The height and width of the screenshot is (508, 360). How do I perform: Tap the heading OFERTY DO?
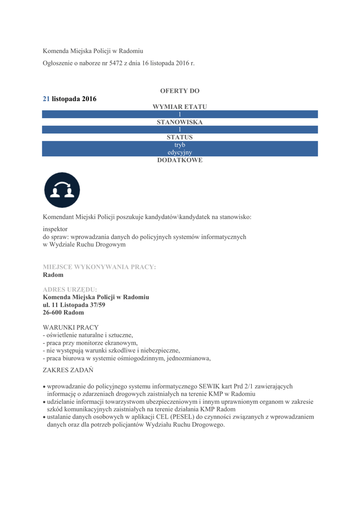tap(180, 91)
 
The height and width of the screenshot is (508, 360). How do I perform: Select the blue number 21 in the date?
tap(46, 99)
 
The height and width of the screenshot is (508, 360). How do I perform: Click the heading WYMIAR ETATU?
tap(180, 107)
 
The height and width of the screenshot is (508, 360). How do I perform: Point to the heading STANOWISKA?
tap(180, 122)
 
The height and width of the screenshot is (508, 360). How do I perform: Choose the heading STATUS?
tap(180, 137)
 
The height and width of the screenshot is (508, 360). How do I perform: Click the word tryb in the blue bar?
tap(180, 144)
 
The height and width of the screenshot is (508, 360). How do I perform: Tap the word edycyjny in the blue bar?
tap(180, 152)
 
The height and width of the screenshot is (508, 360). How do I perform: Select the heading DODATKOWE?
tap(180, 160)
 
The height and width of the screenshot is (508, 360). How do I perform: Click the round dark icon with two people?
tap(62, 190)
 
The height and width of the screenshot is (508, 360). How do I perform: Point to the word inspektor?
tap(55, 229)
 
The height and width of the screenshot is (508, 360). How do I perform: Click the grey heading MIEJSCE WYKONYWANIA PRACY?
tap(99, 267)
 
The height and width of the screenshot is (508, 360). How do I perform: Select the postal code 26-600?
tap(53, 313)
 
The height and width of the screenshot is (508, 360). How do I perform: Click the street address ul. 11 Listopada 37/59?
tap(74, 305)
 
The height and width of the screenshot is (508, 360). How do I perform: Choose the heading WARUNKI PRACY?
tap(71, 327)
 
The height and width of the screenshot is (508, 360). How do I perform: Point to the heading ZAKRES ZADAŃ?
tap(68, 370)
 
